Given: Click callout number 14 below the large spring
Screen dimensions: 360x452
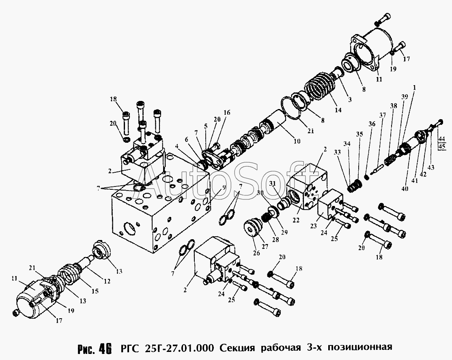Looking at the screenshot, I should click(338, 110).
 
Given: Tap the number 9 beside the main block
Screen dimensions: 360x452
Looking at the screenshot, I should click(223, 188).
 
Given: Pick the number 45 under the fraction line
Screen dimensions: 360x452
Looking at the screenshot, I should click(441, 146).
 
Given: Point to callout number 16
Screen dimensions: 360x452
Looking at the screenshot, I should click(226, 113).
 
